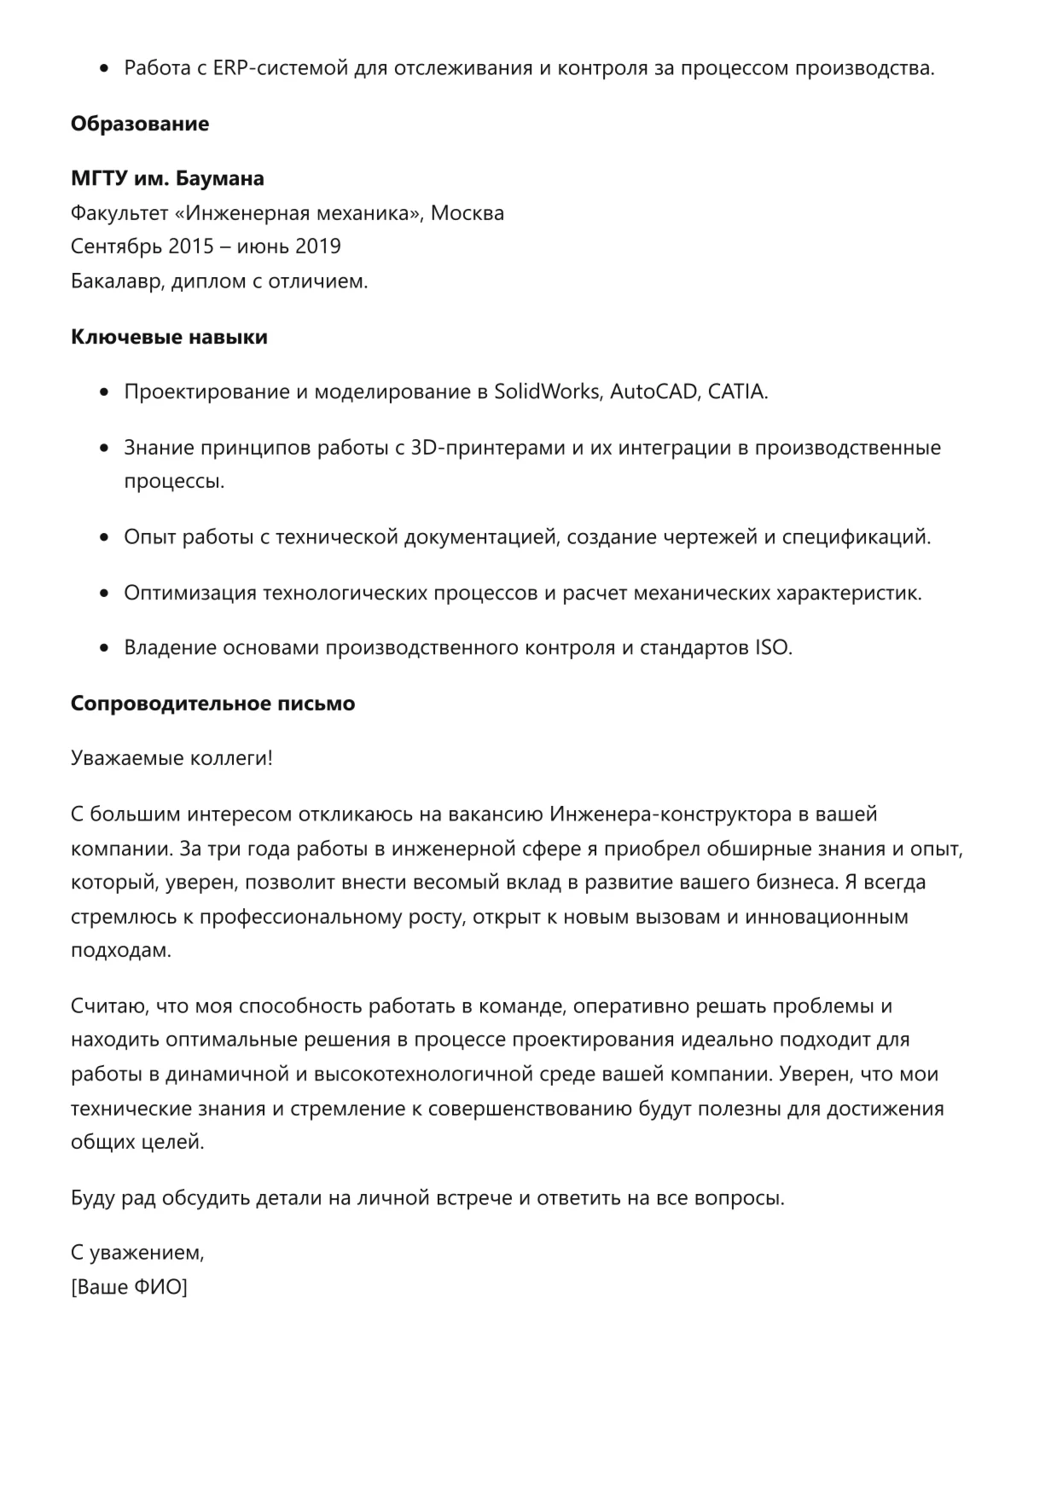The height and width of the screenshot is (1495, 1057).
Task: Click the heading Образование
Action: point(140,125)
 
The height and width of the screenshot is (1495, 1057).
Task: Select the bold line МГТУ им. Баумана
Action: point(167,179)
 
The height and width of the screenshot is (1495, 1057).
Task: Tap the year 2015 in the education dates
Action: point(191,247)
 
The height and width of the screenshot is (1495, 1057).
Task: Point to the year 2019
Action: point(317,247)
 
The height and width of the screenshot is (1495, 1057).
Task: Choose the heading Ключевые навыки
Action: point(169,338)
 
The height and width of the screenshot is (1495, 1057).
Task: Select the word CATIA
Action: point(737,392)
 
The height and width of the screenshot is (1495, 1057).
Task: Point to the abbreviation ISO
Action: point(773,648)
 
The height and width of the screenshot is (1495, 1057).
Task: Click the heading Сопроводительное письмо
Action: point(212,704)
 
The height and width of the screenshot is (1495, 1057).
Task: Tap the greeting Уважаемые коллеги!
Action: point(171,758)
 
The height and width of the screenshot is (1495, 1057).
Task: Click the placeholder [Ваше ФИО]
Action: point(129,1288)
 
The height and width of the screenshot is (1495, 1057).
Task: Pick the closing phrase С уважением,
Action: point(137,1254)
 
